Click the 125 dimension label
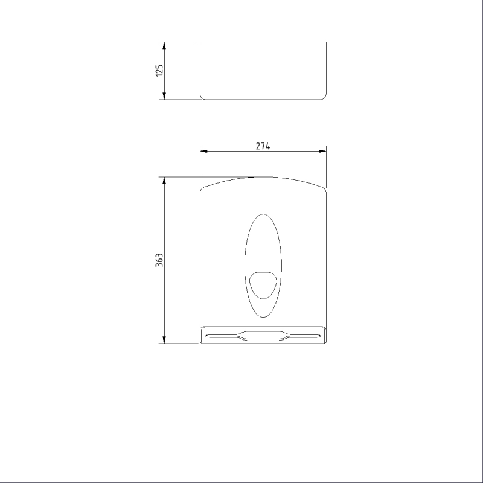(159, 71)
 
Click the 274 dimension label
(263, 146)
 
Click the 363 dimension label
(159, 260)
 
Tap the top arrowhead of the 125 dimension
(164, 46)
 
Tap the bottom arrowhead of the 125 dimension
(164, 96)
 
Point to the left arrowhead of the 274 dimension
(204, 151)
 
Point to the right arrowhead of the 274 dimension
(322, 151)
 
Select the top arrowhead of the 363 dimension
(164, 181)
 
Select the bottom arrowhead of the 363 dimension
(164, 339)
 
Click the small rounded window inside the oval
(263, 285)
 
